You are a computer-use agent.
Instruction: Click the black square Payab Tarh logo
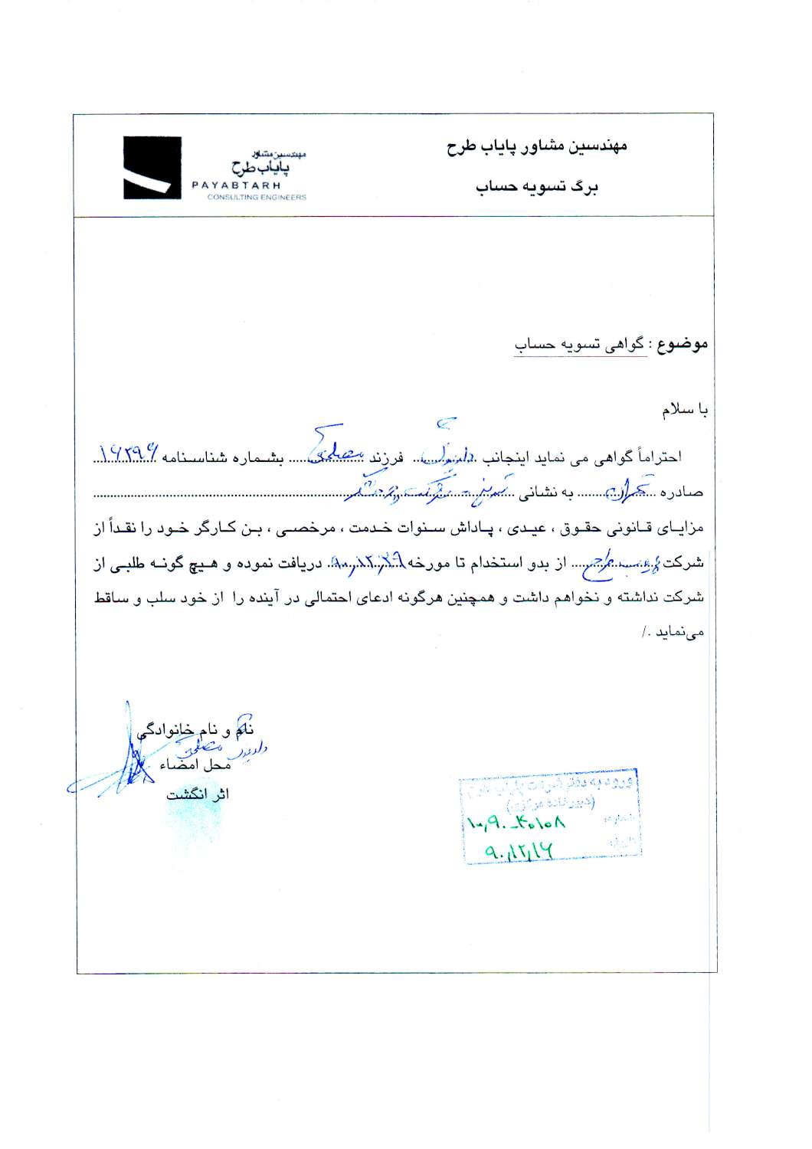152,168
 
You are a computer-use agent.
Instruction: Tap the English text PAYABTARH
236,185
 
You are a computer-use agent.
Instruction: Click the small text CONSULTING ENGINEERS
256,197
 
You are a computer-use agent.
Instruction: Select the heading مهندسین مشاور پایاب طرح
537,146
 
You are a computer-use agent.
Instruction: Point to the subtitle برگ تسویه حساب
536,186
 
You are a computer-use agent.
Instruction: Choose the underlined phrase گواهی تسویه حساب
580,345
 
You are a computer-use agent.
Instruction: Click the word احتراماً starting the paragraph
659,457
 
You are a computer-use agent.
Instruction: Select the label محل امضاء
195,765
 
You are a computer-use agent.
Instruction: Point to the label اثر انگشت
198,794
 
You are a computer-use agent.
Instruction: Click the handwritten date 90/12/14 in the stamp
519,850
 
